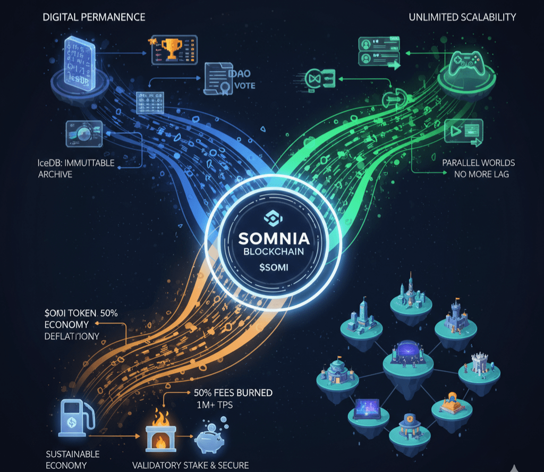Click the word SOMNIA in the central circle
pos(272,238)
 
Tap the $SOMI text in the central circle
pos(272,267)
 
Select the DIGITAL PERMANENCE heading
pos(94,17)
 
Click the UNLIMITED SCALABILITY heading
pos(462,17)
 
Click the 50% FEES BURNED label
pos(230,393)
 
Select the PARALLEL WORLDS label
pos(478,163)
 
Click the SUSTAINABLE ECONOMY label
pos(72,459)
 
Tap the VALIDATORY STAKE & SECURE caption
pos(190,465)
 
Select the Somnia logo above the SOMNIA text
pos(272,216)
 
